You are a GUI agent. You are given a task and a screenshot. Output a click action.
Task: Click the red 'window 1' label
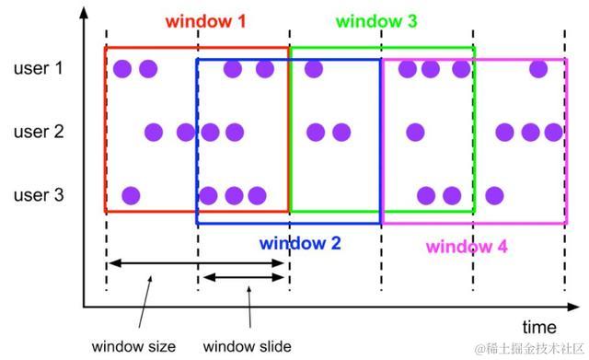[205, 20]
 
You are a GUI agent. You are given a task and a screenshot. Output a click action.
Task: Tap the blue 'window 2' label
[300, 244]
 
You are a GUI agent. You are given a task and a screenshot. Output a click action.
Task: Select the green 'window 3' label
[376, 20]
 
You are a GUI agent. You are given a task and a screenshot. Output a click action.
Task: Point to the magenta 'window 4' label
[467, 247]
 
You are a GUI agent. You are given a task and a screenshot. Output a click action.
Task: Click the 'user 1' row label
[39, 68]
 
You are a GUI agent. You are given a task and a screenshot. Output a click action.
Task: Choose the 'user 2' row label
[39, 132]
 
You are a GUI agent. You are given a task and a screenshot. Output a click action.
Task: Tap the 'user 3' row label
[39, 195]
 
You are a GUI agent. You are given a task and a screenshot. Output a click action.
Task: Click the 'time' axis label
[539, 327]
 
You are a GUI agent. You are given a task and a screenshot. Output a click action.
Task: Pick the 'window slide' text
[248, 347]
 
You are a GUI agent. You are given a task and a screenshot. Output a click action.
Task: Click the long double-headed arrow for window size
[198, 264]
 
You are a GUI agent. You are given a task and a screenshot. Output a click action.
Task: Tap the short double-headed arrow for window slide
[244, 278]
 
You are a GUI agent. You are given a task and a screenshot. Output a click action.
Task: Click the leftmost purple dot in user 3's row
[131, 195]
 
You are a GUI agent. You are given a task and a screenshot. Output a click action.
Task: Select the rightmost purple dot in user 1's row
[539, 68]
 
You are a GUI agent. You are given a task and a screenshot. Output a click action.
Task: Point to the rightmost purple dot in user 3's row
[494, 195]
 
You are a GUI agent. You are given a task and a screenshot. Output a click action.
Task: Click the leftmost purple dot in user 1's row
[121, 68]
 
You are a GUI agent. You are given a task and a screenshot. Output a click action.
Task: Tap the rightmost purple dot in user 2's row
[553, 132]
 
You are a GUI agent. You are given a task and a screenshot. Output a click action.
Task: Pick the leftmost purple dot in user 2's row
[154, 132]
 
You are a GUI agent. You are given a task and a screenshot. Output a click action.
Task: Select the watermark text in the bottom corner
[529, 349]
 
